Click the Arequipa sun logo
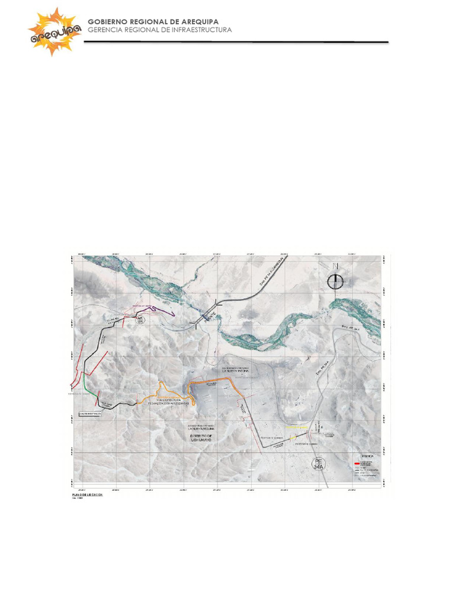55,32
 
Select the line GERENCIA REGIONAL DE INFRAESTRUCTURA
160,30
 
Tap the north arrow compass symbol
336,280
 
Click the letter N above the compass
336,266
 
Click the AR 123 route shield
140,321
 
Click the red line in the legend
356,463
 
